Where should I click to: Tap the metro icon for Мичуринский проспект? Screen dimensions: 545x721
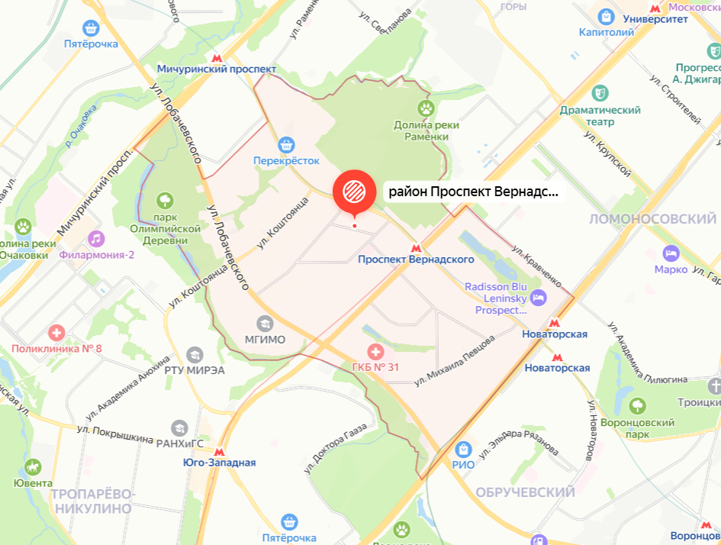coord(217,56)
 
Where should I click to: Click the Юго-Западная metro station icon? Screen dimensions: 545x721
coord(220,450)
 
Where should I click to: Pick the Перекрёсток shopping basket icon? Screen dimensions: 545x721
coord(286,144)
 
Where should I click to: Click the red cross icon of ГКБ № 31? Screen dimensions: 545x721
coord(375,352)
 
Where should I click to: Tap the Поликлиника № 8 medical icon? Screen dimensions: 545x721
coord(56,333)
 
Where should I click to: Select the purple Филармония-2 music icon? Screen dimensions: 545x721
coord(95,239)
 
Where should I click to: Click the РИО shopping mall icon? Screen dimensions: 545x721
coord(463,449)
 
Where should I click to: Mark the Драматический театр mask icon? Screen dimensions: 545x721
coord(600,92)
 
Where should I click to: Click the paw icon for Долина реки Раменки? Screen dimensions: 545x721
coord(426,109)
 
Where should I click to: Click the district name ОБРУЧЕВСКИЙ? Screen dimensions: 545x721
coord(525,492)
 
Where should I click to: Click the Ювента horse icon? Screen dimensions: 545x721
coord(32,466)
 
